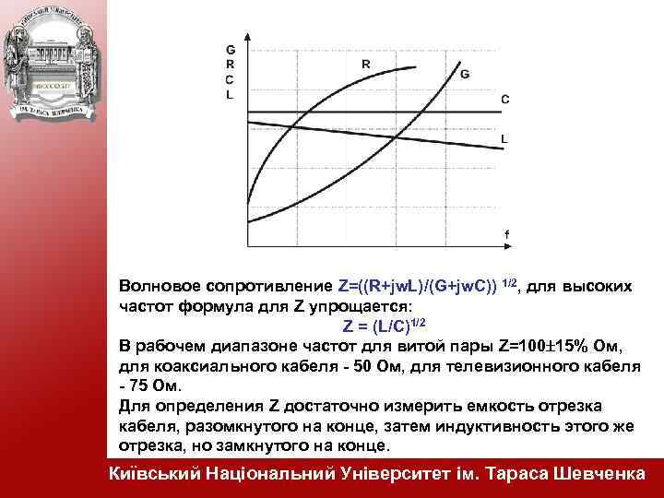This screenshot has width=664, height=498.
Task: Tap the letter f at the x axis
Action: tap(506, 234)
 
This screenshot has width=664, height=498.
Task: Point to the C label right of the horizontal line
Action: tap(504, 98)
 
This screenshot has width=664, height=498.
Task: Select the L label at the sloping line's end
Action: tap(504, 138)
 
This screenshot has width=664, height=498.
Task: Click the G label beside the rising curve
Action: tap(464, 73)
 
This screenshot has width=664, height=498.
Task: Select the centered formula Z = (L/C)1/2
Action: tap(384, 326)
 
